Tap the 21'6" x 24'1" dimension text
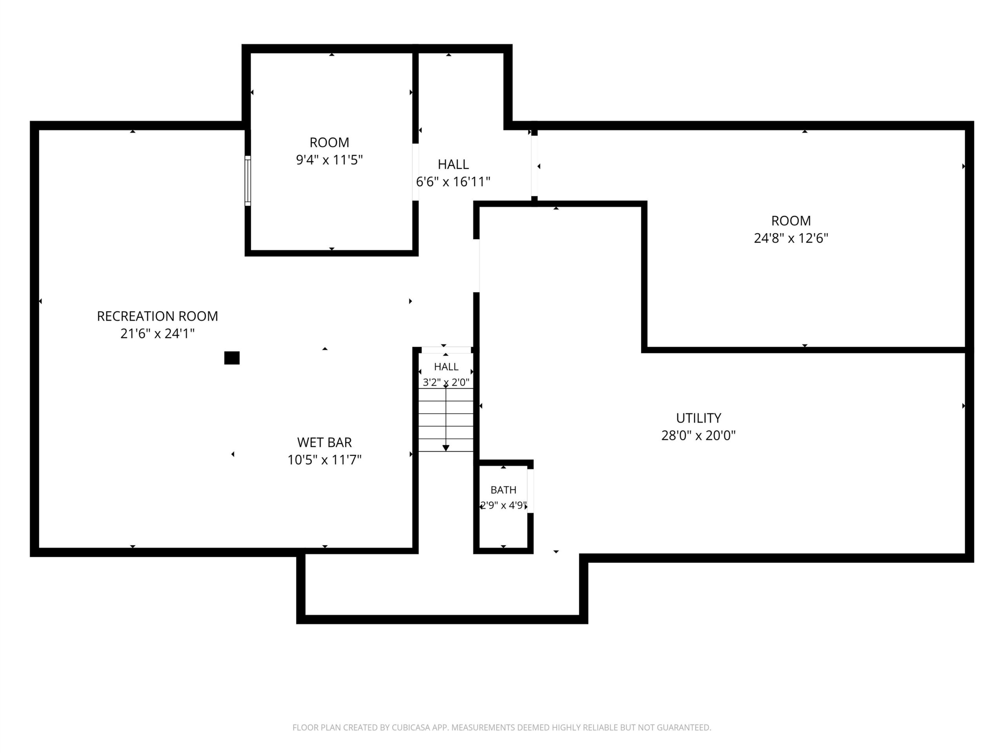click(x=158, y=334)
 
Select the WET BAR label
click(x=324, y=442)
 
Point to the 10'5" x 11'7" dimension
click(x=324, y=460)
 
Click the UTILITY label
click(x=698, y=418)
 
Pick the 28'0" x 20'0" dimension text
click(x=698, y=435)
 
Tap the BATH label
click(x=503, y=490)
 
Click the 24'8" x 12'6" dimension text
click(x=791, y=238)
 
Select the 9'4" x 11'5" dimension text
click(x=329, y=160)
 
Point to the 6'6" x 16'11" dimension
click(x=453, y=182)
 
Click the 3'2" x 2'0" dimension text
click(x=446, y=382)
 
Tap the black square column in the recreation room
click(x=232, y=358)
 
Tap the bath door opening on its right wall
click(x=530, y=491)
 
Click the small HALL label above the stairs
click(x=446, y=367)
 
